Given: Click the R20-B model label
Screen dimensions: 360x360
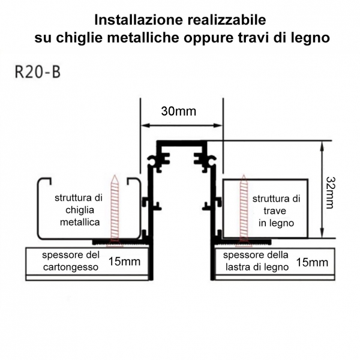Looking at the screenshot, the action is pos(38,72).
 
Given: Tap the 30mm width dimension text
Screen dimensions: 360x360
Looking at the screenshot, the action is pos(179,112).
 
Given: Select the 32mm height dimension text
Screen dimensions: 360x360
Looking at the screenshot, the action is pos(331,193).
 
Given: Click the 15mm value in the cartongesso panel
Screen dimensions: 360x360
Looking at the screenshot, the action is pos(124,261).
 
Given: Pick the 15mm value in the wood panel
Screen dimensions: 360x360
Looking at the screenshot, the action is pos(312,262).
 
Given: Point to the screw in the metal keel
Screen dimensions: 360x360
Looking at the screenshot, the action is pos(115,211).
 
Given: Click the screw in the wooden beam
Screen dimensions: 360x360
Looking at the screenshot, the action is pos(244,211).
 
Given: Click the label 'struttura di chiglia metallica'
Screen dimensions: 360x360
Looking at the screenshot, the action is pos(79,210).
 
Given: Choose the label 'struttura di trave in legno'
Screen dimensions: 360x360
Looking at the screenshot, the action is pos(276,211).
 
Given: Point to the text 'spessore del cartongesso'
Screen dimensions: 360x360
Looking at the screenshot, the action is pos(71,261).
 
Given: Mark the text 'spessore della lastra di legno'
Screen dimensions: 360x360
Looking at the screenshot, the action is pos(256,261).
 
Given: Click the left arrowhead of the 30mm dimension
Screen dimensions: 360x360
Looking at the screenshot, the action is pos(145,125).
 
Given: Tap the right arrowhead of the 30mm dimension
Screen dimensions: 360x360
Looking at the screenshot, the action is pos(218,125).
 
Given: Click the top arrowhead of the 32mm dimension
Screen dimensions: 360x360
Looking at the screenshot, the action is pos(322,145).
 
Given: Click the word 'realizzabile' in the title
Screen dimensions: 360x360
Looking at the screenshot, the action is pos(227,20).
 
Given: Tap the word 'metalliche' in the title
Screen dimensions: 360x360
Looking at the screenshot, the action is pos(143,38).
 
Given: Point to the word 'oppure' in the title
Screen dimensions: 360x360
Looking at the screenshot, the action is pos(208,39).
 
